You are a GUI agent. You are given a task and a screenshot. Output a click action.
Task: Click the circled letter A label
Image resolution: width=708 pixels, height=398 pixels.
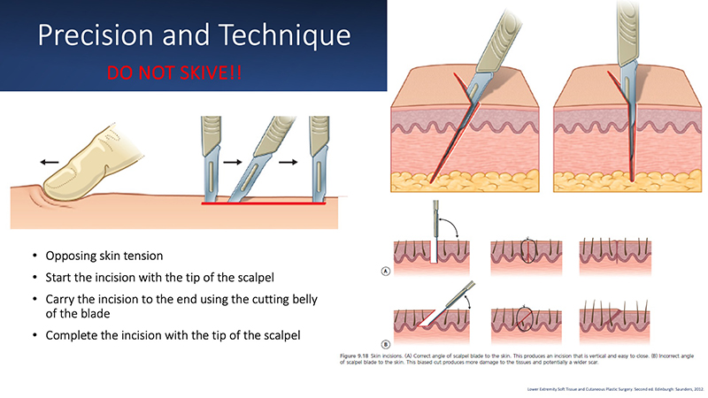click(388, 272)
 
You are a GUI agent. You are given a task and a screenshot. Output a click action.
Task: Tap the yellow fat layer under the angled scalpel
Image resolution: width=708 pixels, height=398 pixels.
click(460, 181)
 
